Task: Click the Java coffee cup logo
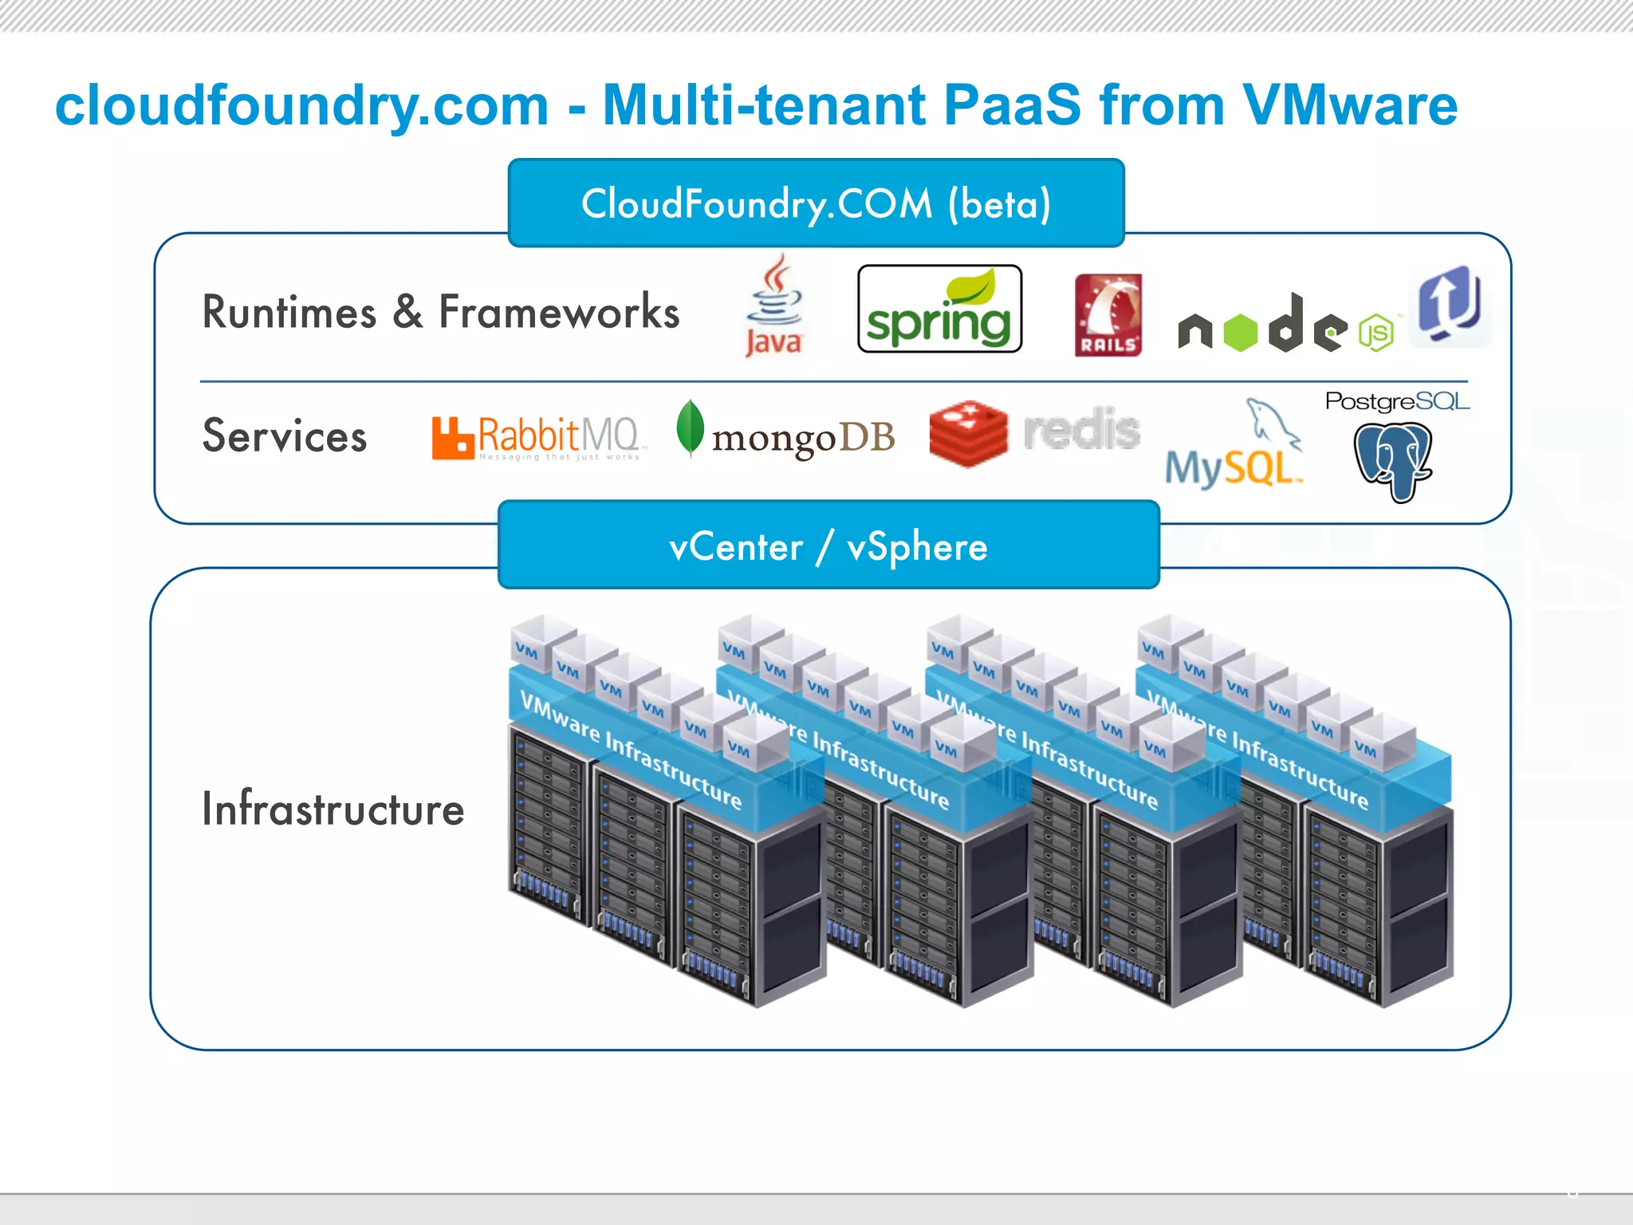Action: point(773,305)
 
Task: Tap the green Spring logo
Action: point(939,309)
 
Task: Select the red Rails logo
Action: point(1108,315)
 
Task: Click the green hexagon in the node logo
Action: point(1240,333)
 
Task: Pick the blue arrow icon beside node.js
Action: point(1450,305)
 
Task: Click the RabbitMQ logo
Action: point(536,437)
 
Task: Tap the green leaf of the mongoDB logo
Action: point(690,427)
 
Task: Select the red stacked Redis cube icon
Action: point(968,433)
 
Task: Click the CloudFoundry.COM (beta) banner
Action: point(816,203)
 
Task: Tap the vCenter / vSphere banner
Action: point(828,546)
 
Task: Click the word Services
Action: point(285,436)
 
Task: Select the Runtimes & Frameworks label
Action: point(440,312)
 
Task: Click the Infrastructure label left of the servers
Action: point(333,809)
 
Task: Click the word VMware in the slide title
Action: point(1350,105)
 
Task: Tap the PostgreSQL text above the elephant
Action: point(1396,401)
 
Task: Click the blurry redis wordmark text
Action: point(1081,430)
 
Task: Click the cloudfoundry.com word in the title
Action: point(301,105)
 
